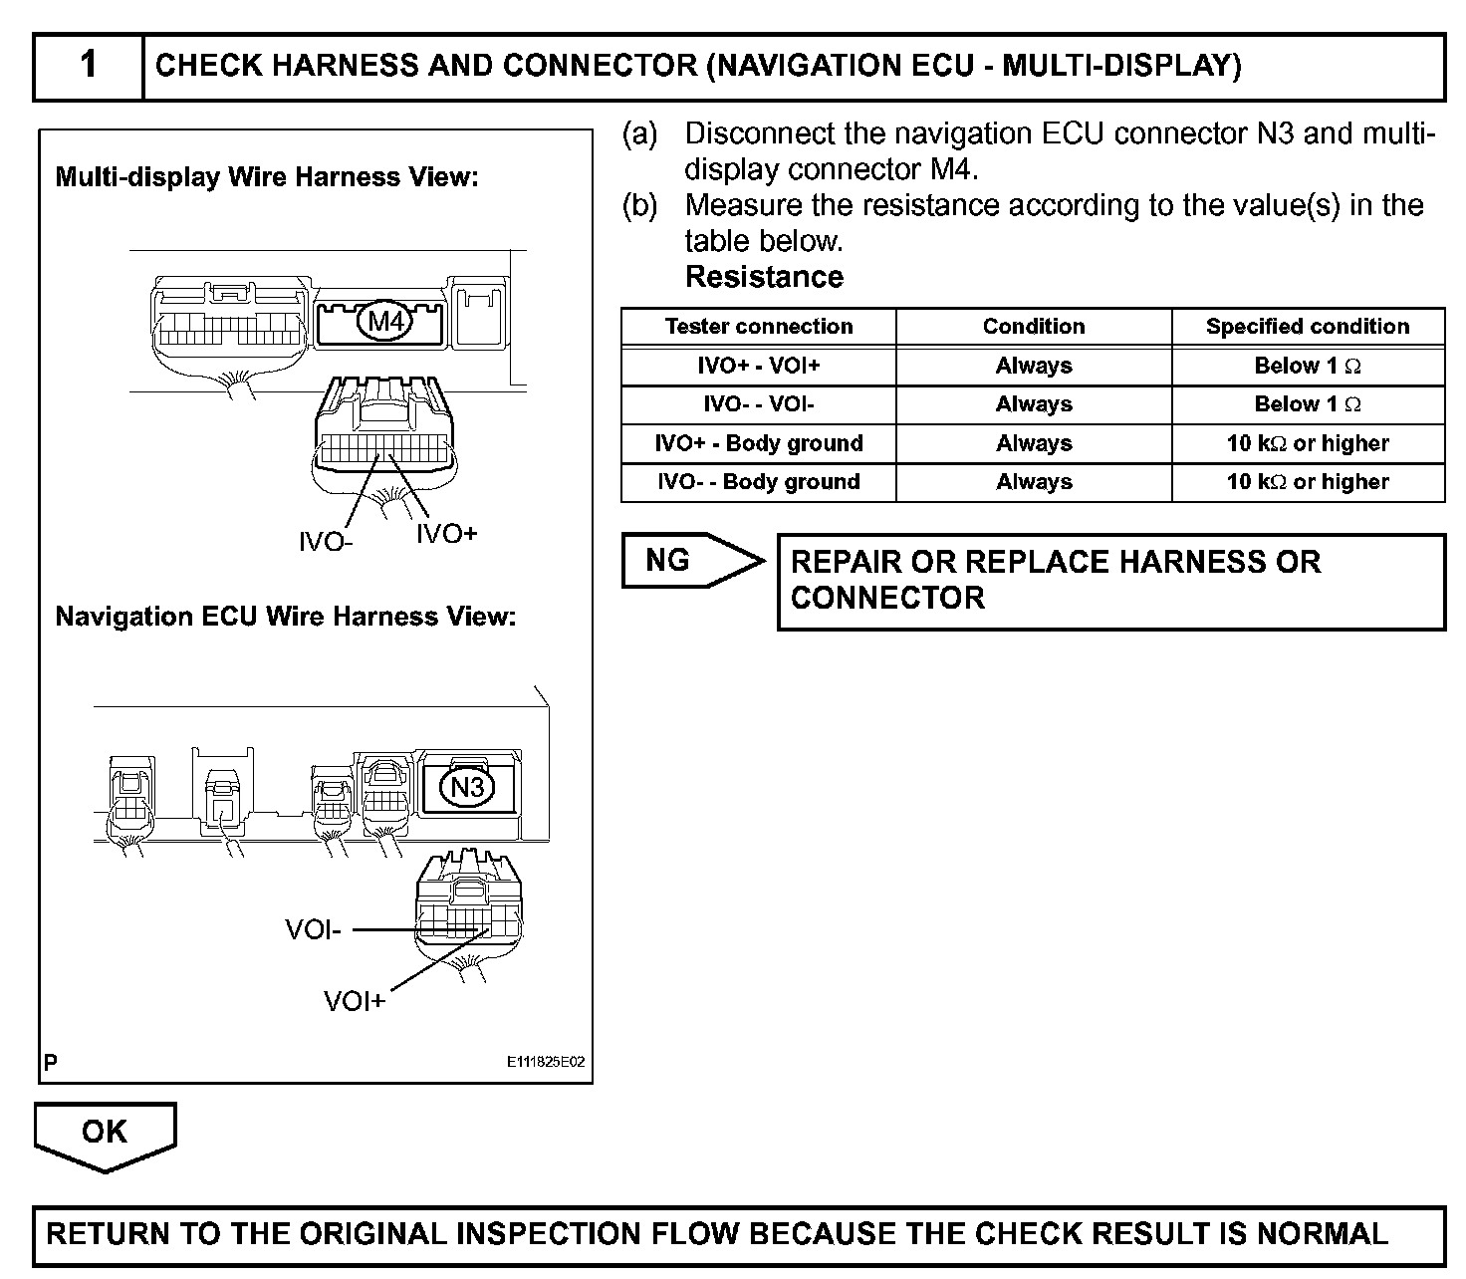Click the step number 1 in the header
89,66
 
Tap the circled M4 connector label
385,321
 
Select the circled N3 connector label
467,788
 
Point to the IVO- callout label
326,542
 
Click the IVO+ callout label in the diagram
446,534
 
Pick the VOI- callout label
313,930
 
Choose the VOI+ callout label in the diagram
355,1001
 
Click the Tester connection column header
758,327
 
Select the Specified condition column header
1307,327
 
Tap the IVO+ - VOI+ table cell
758,366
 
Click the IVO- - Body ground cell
758,482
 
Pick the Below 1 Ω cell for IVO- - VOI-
1307,404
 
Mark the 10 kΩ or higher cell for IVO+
1307,443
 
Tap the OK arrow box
105,1134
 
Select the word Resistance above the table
764,277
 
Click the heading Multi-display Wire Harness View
267,177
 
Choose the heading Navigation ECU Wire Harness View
286,617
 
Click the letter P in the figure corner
51,1062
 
